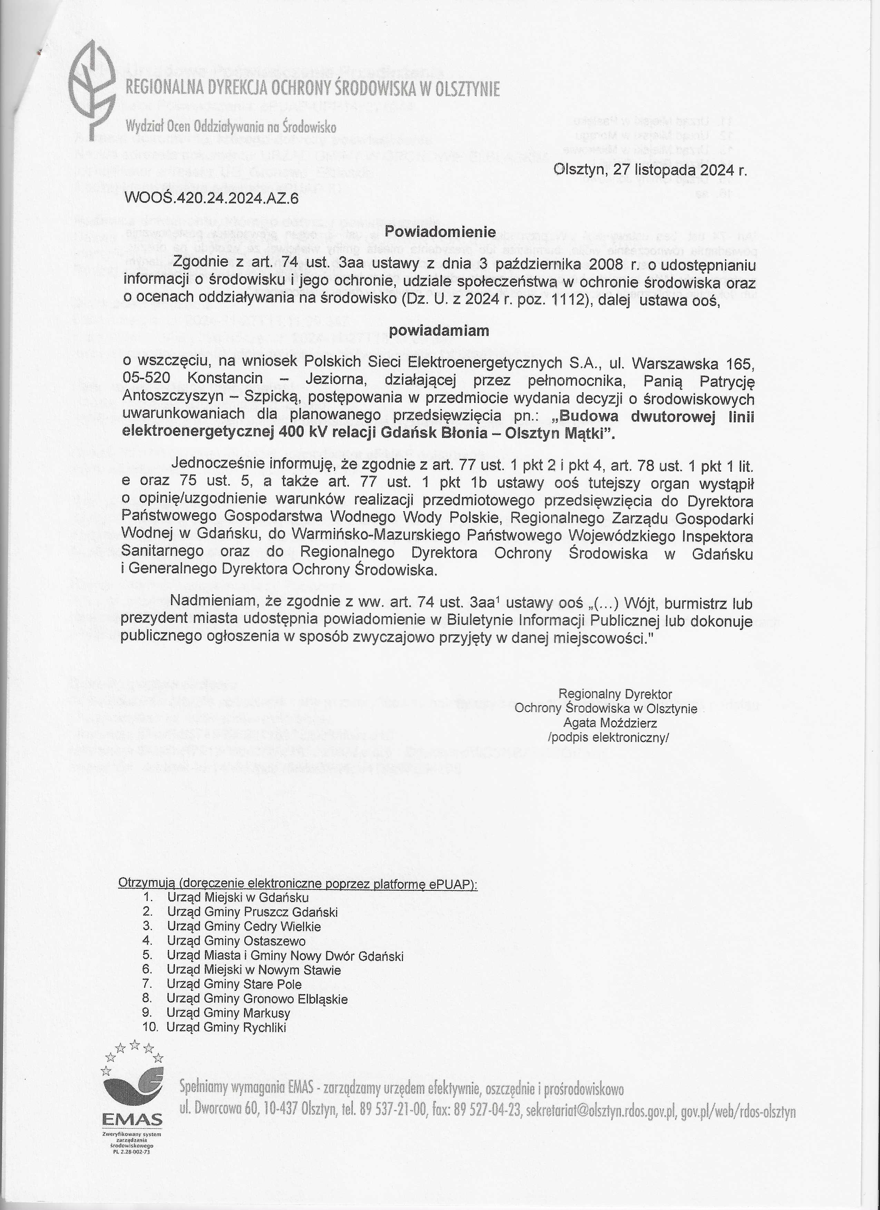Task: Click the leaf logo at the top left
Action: (x=94, y=88)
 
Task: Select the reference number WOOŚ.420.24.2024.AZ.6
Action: (x=211, y=199)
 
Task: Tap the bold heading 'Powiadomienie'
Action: (x=440, y=232)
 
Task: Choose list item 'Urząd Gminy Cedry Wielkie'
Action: (x=244, y=926)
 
